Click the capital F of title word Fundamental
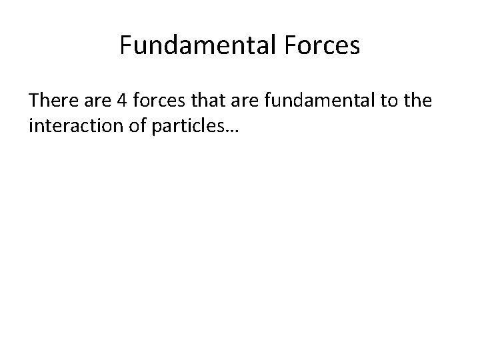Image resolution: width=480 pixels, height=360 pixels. (125, 45)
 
